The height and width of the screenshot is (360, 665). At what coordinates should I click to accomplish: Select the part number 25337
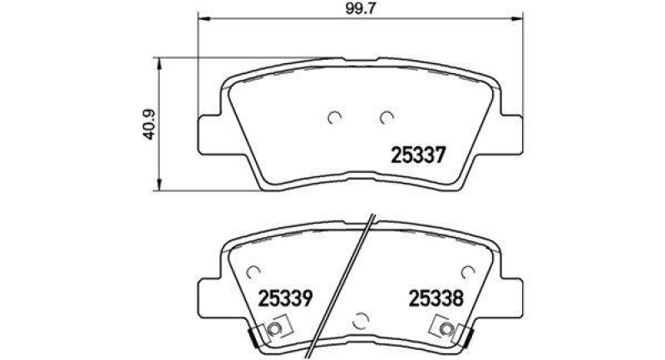[x=420, y=155]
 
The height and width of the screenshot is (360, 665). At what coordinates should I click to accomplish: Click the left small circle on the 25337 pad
[x=335, y=118]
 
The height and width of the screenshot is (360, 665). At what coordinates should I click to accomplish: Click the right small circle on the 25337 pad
[x=386, y=118]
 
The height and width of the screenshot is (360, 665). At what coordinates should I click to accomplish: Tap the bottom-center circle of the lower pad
[x=362, y=318]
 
